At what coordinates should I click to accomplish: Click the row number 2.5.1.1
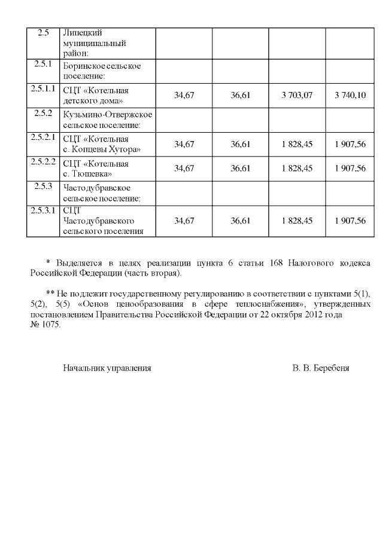click(x=42, y=89)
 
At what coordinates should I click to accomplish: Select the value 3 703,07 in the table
click(x=297, y=96)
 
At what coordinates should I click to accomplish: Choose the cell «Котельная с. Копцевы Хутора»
click(x=102, y=144)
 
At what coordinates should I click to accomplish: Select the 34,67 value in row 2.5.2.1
click(x=184, y=144)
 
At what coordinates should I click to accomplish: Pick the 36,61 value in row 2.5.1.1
click(x=240, y=96)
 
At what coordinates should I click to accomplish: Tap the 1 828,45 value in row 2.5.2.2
click(x=297, y=169)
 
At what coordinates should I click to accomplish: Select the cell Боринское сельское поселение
click(x=102, y=71)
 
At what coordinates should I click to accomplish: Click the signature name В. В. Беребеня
click(x=321, y=368)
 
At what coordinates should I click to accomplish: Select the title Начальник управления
click(x=107, y=368)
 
